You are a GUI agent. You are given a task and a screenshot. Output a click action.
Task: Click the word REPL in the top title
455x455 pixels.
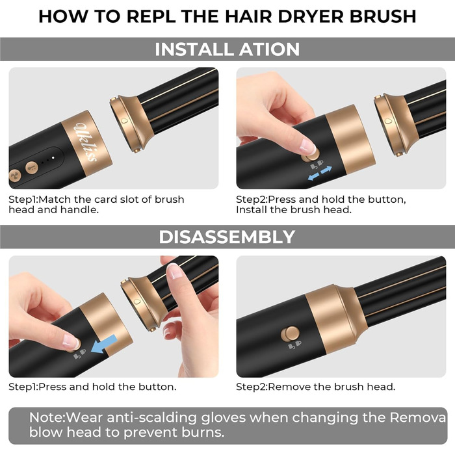click(x=151, y=16)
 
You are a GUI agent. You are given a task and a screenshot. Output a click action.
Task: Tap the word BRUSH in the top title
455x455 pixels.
click(x=383, y=16)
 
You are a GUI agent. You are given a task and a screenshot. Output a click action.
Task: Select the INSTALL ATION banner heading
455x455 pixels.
click(x=227, y=49)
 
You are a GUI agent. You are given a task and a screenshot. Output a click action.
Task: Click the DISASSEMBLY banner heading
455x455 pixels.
click(x=227, y=237)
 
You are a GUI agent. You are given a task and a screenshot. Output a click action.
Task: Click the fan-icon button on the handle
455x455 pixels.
click(x=14, y=175)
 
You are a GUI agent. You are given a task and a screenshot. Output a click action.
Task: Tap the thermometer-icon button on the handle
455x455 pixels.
click(x=32, y=168)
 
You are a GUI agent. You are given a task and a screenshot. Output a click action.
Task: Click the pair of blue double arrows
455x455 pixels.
click(x=320, y=173)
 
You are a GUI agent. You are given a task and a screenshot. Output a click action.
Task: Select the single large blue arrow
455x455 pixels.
click(x=104, y=344)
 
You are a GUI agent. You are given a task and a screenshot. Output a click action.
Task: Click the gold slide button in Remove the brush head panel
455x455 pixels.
click(x=290, y=333)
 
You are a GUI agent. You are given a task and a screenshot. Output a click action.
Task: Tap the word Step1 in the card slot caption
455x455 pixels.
click(x=23, y=200)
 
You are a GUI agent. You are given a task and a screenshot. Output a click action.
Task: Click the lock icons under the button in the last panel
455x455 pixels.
click(x=295, y=345)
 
